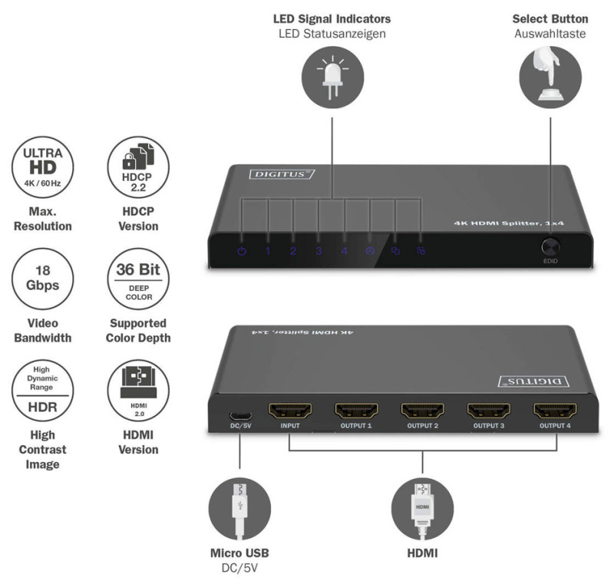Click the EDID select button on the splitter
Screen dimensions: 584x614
pos(550,248)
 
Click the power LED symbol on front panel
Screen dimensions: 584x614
pos(242,251)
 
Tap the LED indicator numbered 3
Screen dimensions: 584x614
pos(319,251)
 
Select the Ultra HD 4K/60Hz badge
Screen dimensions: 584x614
pos(42,166)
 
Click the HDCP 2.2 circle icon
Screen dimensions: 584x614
pos(138,166)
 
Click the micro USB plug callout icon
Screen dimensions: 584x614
pos(239,510)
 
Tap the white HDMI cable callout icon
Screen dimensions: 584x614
pos(423,510)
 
